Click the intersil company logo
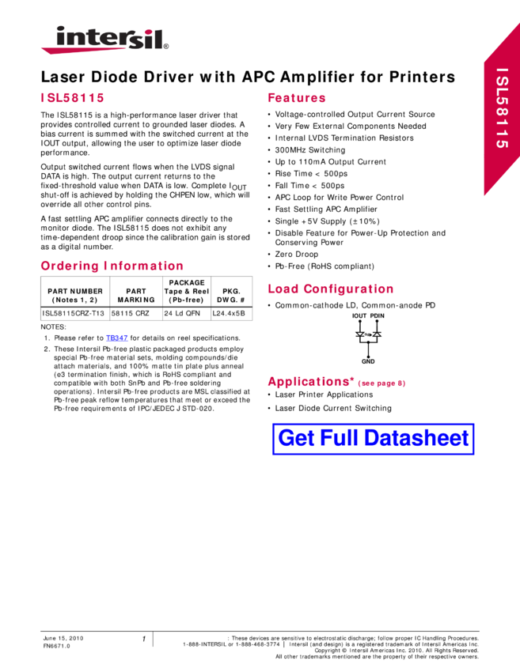point(104,40)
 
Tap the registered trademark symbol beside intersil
point(166,47)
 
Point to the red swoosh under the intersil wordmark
point(95,50)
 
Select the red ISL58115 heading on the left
point(72,98)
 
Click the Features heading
point(296,98)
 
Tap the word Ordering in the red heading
point(69,266)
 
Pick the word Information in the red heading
point(143,266)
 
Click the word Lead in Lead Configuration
point(283,289)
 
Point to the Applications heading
point(308,382)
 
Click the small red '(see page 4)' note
point(381,383)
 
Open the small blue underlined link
point(116,338)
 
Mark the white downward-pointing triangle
point(360,334)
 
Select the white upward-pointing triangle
point(377,334)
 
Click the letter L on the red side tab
point(502,96)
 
